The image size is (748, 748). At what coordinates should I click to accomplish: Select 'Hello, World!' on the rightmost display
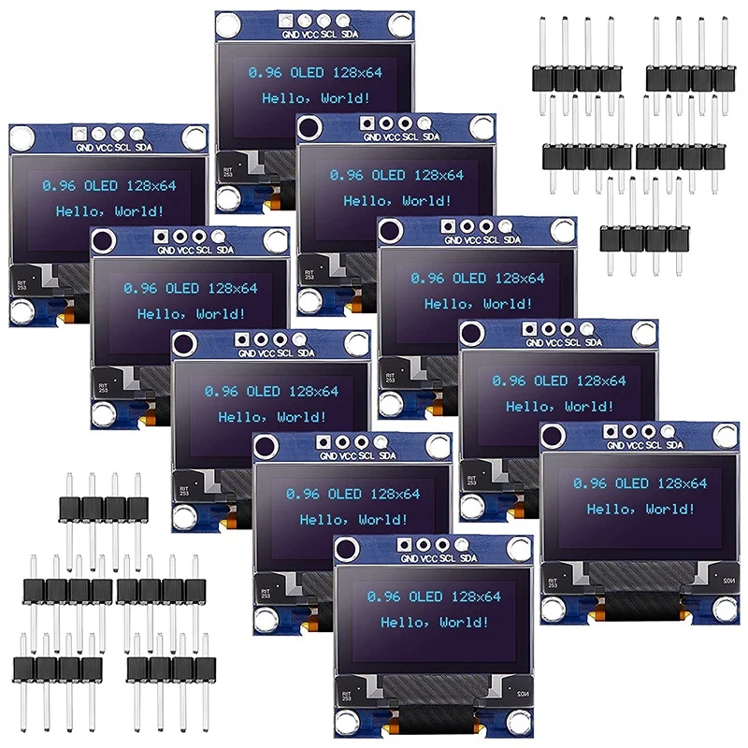click(x=640, y=510)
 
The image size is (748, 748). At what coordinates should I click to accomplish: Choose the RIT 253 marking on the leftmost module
click(x=22, y=284)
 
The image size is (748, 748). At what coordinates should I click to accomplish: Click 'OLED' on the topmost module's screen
click(x=309, y=73)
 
